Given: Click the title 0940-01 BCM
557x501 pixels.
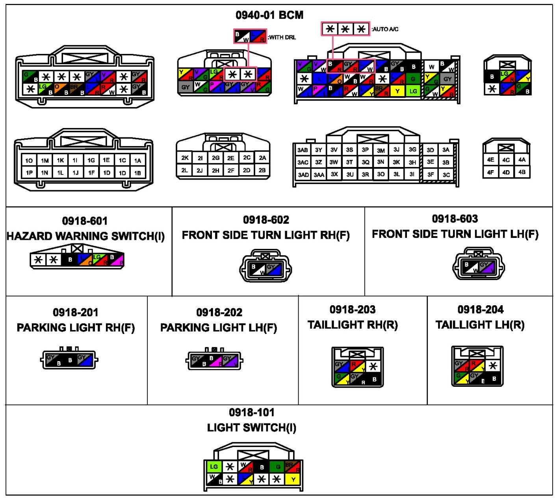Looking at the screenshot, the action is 269,15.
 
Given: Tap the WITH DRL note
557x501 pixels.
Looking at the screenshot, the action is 282,37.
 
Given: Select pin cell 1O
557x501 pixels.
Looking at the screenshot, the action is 29,161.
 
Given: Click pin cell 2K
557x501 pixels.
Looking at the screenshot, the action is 185,158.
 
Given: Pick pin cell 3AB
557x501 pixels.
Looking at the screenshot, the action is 303,150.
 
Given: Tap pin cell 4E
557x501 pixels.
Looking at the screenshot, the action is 490,160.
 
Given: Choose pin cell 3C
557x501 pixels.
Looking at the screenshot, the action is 446,175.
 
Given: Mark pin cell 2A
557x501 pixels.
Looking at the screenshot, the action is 262,158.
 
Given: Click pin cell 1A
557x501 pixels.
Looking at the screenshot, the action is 137,161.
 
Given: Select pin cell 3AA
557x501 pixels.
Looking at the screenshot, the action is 319,175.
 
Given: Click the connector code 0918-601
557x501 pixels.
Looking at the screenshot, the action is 85,221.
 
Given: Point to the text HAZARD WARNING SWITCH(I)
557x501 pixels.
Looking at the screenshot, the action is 86,236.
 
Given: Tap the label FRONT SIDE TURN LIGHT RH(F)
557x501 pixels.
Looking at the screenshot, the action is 266,235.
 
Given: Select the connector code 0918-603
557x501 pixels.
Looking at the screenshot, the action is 455,219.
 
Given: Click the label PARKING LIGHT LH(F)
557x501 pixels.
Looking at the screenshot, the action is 219,328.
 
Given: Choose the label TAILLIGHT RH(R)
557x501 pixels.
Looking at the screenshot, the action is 353,325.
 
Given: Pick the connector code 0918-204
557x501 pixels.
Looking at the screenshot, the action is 480,310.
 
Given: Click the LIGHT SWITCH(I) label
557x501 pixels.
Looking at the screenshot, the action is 252,428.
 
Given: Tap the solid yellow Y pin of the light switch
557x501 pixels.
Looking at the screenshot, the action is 293,479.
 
